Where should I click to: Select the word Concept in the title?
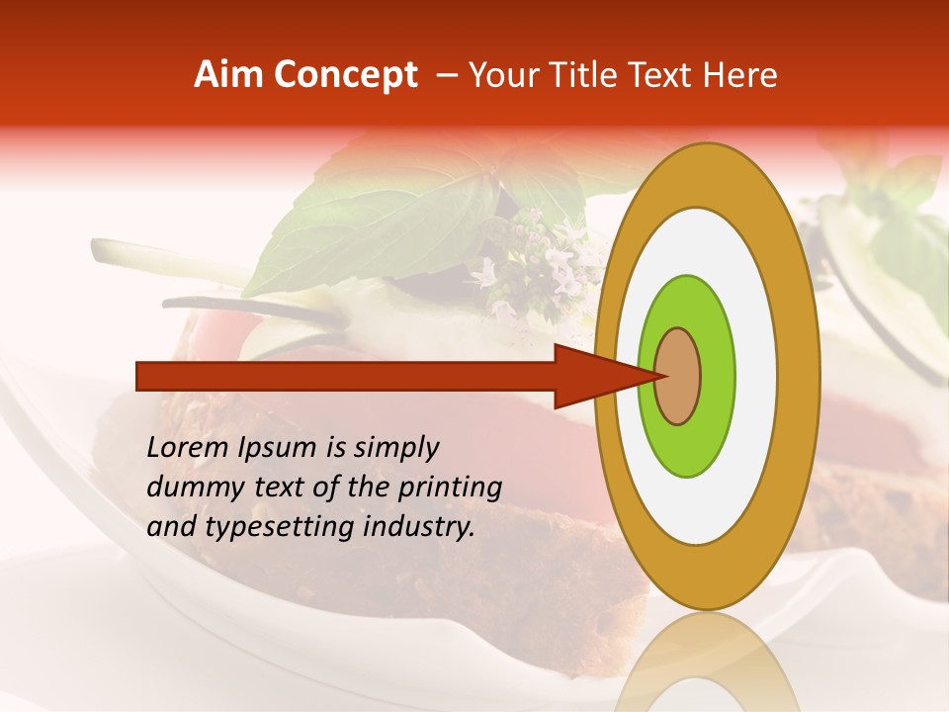(x=345, y=75)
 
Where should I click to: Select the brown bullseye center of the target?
(x=677, y=376)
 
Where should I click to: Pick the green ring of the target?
(x=717, y=376)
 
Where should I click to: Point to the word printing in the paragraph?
(x=452, y=488)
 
